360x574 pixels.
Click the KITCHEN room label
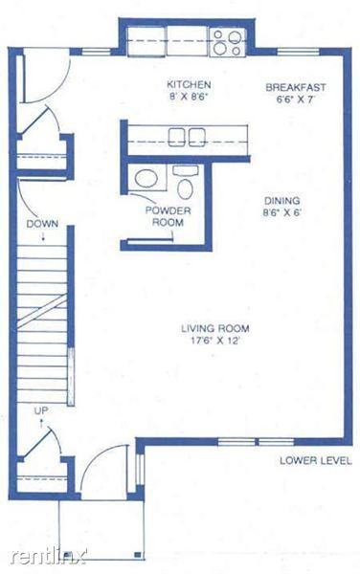[182, 83]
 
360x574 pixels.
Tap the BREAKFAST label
[289, 87]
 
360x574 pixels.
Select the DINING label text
[282, 201]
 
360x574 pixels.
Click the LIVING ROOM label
[209, 330]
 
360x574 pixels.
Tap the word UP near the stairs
[41, 410]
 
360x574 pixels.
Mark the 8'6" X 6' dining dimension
[282, 213]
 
